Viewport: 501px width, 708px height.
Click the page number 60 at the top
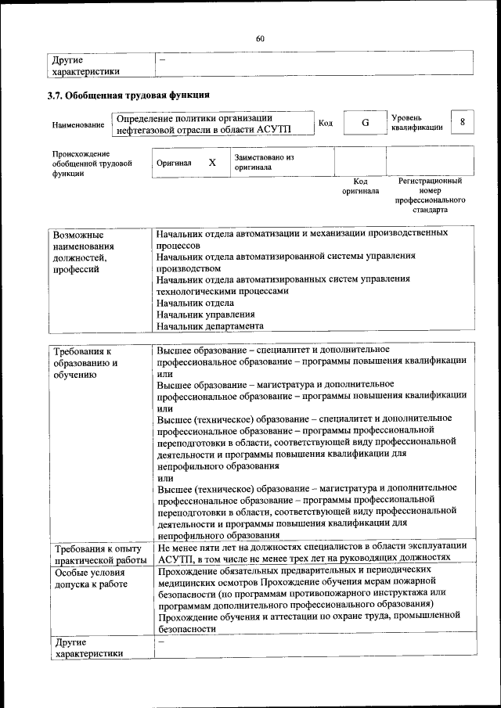pyautogui.click(x=260, y=38)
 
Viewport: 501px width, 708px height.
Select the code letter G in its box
pyautogui.click(x=365, y=124)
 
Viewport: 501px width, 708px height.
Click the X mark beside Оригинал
pyautogui.click(x=211, y=163)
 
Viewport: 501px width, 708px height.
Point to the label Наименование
pyautogui.click(x=78, y=125)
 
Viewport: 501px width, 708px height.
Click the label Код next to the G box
pyautogui.click(x=326, y=124)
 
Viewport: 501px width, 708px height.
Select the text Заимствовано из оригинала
pyautogui.click(x=263, y=162)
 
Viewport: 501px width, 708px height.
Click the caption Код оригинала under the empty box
pyautogui.click(x=360, y=186)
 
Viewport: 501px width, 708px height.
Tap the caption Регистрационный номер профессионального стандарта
pyautogui.click(x=430, y=196)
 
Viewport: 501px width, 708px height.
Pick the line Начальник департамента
pyautogui.click(x=210, y=326)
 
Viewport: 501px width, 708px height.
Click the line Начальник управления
pyautogui.click(x=205, y=314)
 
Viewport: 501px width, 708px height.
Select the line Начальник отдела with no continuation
pyautogui.click(x=195, y=303)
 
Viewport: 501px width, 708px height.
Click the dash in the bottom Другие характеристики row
pyautogui.click(x=161, y=642)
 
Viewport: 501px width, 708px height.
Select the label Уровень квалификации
pyautogui.click(x=418, y=122)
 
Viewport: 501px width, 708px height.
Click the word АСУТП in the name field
pyautogui.click(x=272, y=130)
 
